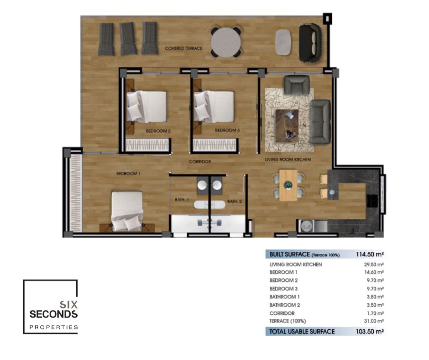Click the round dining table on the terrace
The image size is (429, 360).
226,42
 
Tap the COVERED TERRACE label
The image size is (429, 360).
183,48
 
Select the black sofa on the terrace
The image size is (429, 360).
310,42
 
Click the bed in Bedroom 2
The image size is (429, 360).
146,106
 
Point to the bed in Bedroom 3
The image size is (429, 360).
214,106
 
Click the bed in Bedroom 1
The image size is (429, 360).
127,211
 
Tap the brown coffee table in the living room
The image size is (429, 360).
287,126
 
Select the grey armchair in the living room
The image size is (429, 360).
297,85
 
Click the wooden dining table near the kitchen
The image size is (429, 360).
288,185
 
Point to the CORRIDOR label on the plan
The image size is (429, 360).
200,162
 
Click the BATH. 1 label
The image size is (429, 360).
182,200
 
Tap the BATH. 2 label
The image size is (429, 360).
235,201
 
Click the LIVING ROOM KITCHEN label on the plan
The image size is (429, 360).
288,159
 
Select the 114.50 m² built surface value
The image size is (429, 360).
370,254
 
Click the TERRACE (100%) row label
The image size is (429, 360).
288,321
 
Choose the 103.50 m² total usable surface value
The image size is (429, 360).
370,332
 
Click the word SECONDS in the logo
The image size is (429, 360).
54,314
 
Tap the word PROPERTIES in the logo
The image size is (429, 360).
54,327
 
